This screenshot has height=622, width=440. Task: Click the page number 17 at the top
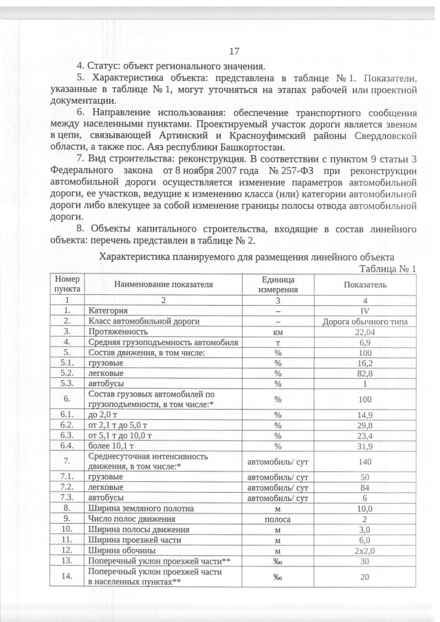(x=233, y=52)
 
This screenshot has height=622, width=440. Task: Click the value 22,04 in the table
(x=365, y=331)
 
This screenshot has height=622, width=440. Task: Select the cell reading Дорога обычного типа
(x=365, y=321)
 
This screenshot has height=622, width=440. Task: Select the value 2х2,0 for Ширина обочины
(x=365, y=551)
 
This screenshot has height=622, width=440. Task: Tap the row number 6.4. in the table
(x=67, y=445)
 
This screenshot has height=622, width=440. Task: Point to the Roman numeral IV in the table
(x=365, y=311)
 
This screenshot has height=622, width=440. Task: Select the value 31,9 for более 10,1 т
(x=365, y=445)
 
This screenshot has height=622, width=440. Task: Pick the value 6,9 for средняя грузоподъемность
(x=365, y=342)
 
